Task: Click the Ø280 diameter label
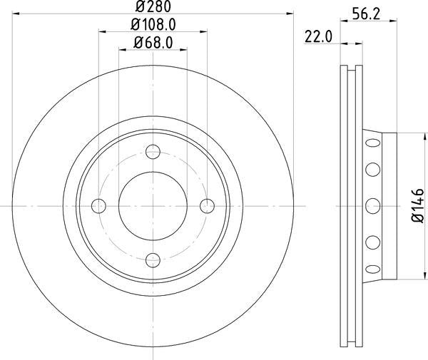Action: (x=153, y=6)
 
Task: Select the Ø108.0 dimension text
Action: (x=153, y=24)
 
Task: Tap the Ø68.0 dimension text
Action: (x=153, y=43)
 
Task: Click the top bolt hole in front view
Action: (x=153, y=152)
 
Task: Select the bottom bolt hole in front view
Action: (x=153, y=260)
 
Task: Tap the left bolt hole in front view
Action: (x=98, y=206)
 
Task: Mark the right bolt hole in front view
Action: (x=207, y=206)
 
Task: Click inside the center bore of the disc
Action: (x=153, y=206)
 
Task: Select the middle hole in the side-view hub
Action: (x=372, y=206)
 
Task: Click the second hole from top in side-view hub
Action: (x=372, y=170)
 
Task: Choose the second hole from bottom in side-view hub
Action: (x=372, y=243)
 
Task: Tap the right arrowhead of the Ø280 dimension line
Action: (x=290, y=13)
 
